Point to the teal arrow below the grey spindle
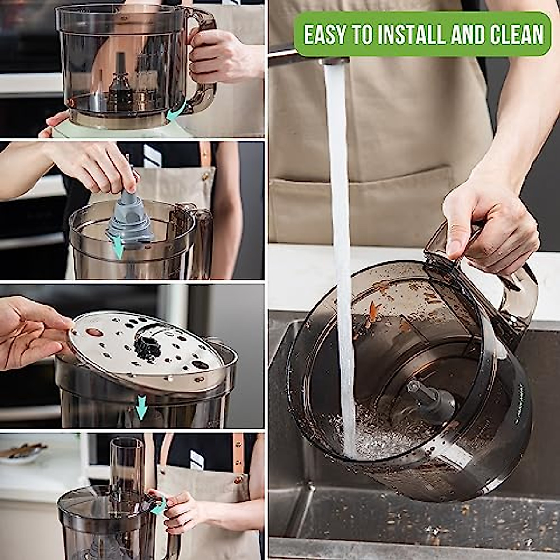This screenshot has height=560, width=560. pyautogui.click(x=119, y=246)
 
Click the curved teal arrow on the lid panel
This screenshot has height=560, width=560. pyautogui.click(x=159, y=506)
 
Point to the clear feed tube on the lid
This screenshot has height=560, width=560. pyautogui.click(x=126, y=462)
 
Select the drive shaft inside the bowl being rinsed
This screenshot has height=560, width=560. pyautogui.click(x=422, y=397)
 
